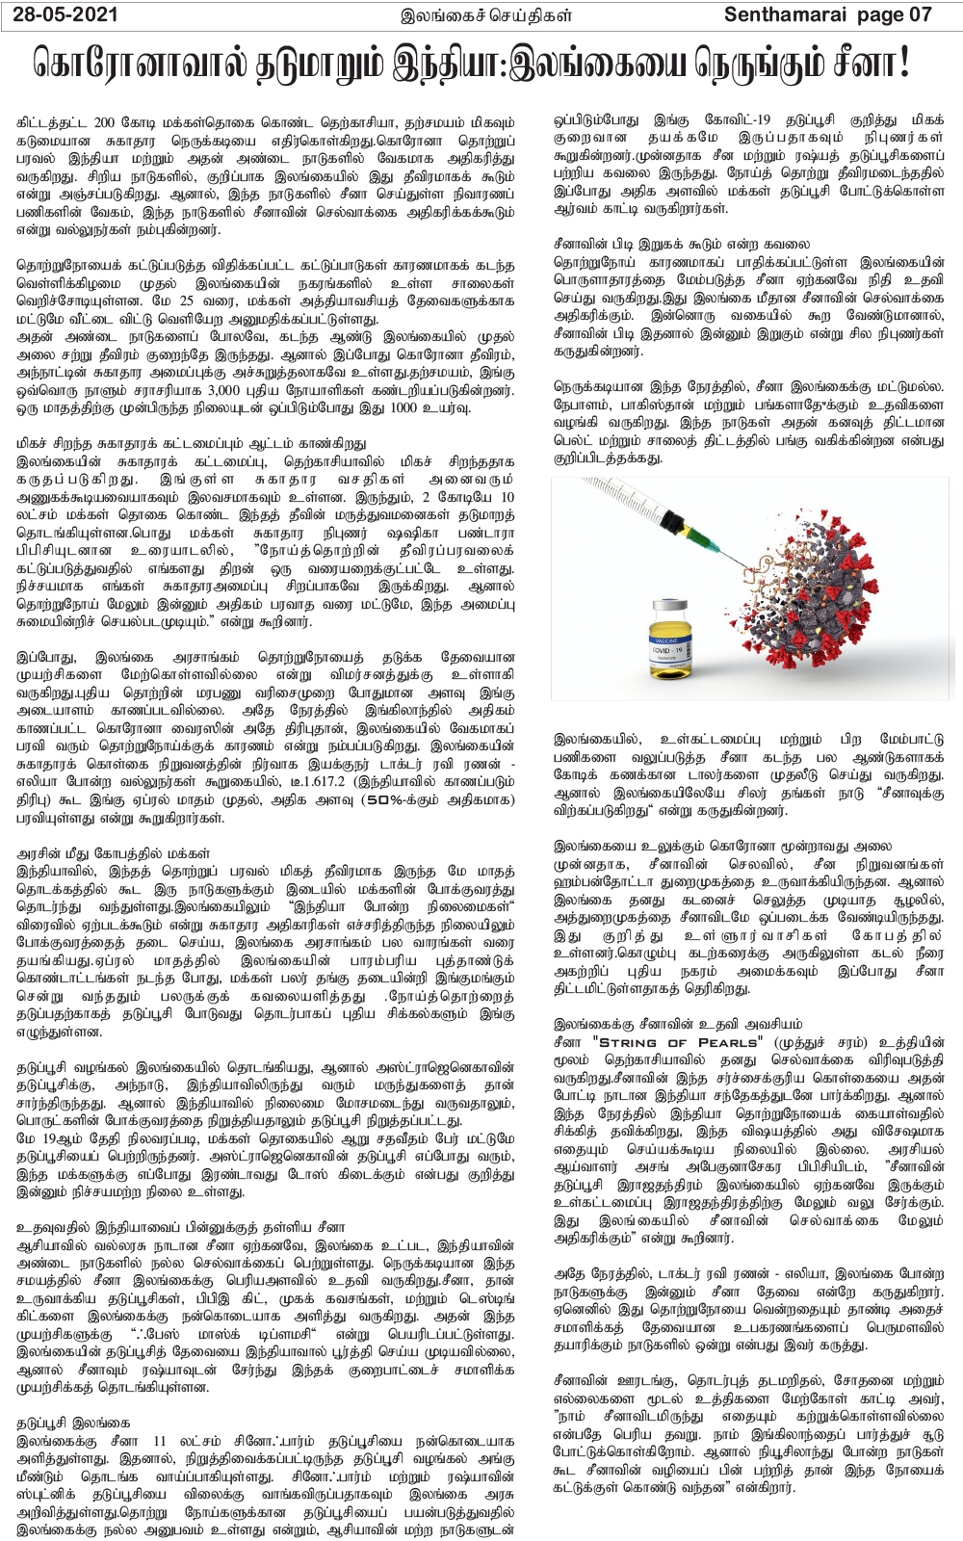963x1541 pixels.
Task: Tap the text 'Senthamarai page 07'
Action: tap(827, 14)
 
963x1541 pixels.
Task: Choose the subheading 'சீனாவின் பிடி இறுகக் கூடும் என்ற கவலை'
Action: tap(682, 245)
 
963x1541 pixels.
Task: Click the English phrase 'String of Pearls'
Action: tap(678, 1042)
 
